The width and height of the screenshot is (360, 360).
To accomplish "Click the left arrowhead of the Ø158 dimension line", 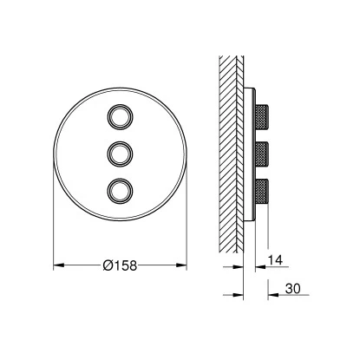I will (x=57, y=264).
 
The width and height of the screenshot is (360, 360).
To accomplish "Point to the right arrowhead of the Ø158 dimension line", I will (x=183, y=264).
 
